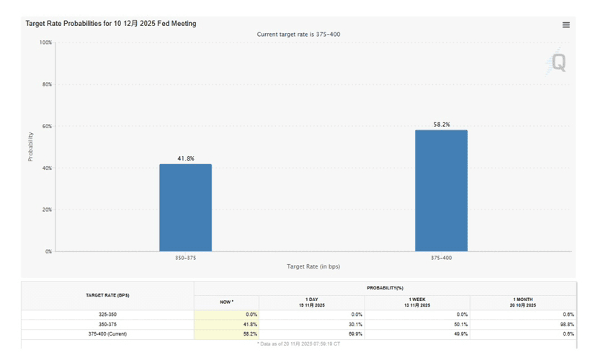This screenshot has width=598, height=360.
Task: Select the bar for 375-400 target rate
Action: pyautogui.click(x=441, y=191)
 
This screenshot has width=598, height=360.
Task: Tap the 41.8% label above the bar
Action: pyautogui.click(x=186, y=158)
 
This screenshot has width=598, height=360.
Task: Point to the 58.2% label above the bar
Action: pyautogui.click(x=442, y=125)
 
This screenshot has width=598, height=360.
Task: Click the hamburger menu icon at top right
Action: pyautogui.click(x=566, y=25)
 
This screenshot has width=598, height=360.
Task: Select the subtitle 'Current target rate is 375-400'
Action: pyautogui.click(x=298, y=35)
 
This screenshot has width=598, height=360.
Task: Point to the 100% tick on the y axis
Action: pyautogui.click(x=45, y=42)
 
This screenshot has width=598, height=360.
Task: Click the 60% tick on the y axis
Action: pyautogui.click(x=47, y=126)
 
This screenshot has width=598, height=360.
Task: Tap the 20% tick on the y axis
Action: pyautogui.click(x=47, y=210)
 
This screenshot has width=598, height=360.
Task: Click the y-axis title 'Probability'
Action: pyautogui.click(x=31, y=146)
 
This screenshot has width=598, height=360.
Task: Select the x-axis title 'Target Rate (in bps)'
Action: pyautogui.click(x=313, y=266)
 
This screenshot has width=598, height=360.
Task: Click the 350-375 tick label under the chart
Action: pyautogui.click(x=185, y=257)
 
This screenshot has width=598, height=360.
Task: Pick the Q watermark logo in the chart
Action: pyautogui.click(x=557, y=63)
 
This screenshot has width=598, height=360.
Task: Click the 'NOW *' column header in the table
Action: pyautogui.click(x=226, y=302)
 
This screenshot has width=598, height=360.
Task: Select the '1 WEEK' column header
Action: pyautogui.click(x=417, y=302)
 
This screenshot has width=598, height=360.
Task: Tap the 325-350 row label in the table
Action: pyautogui.click(x=107, y=315)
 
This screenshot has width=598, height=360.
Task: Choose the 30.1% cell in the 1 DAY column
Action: pyautogui.click(x=354, y=324)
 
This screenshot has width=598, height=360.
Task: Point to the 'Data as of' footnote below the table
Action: pyautogui.click(x=298, y=343)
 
